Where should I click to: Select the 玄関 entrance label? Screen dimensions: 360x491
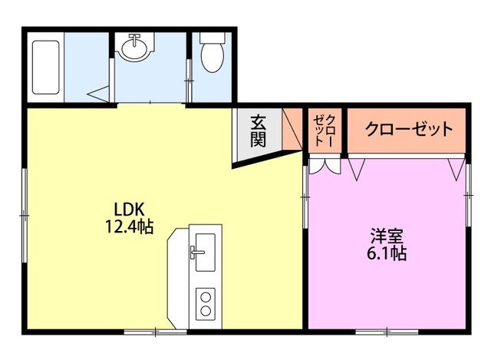(257, 130)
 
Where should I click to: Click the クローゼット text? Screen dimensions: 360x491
(408, 129)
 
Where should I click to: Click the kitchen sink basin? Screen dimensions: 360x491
(203, 254)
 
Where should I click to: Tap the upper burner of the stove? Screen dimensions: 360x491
(205, 296)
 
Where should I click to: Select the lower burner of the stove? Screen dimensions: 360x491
(205, 311)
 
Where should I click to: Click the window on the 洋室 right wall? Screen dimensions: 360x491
(468, 192)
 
